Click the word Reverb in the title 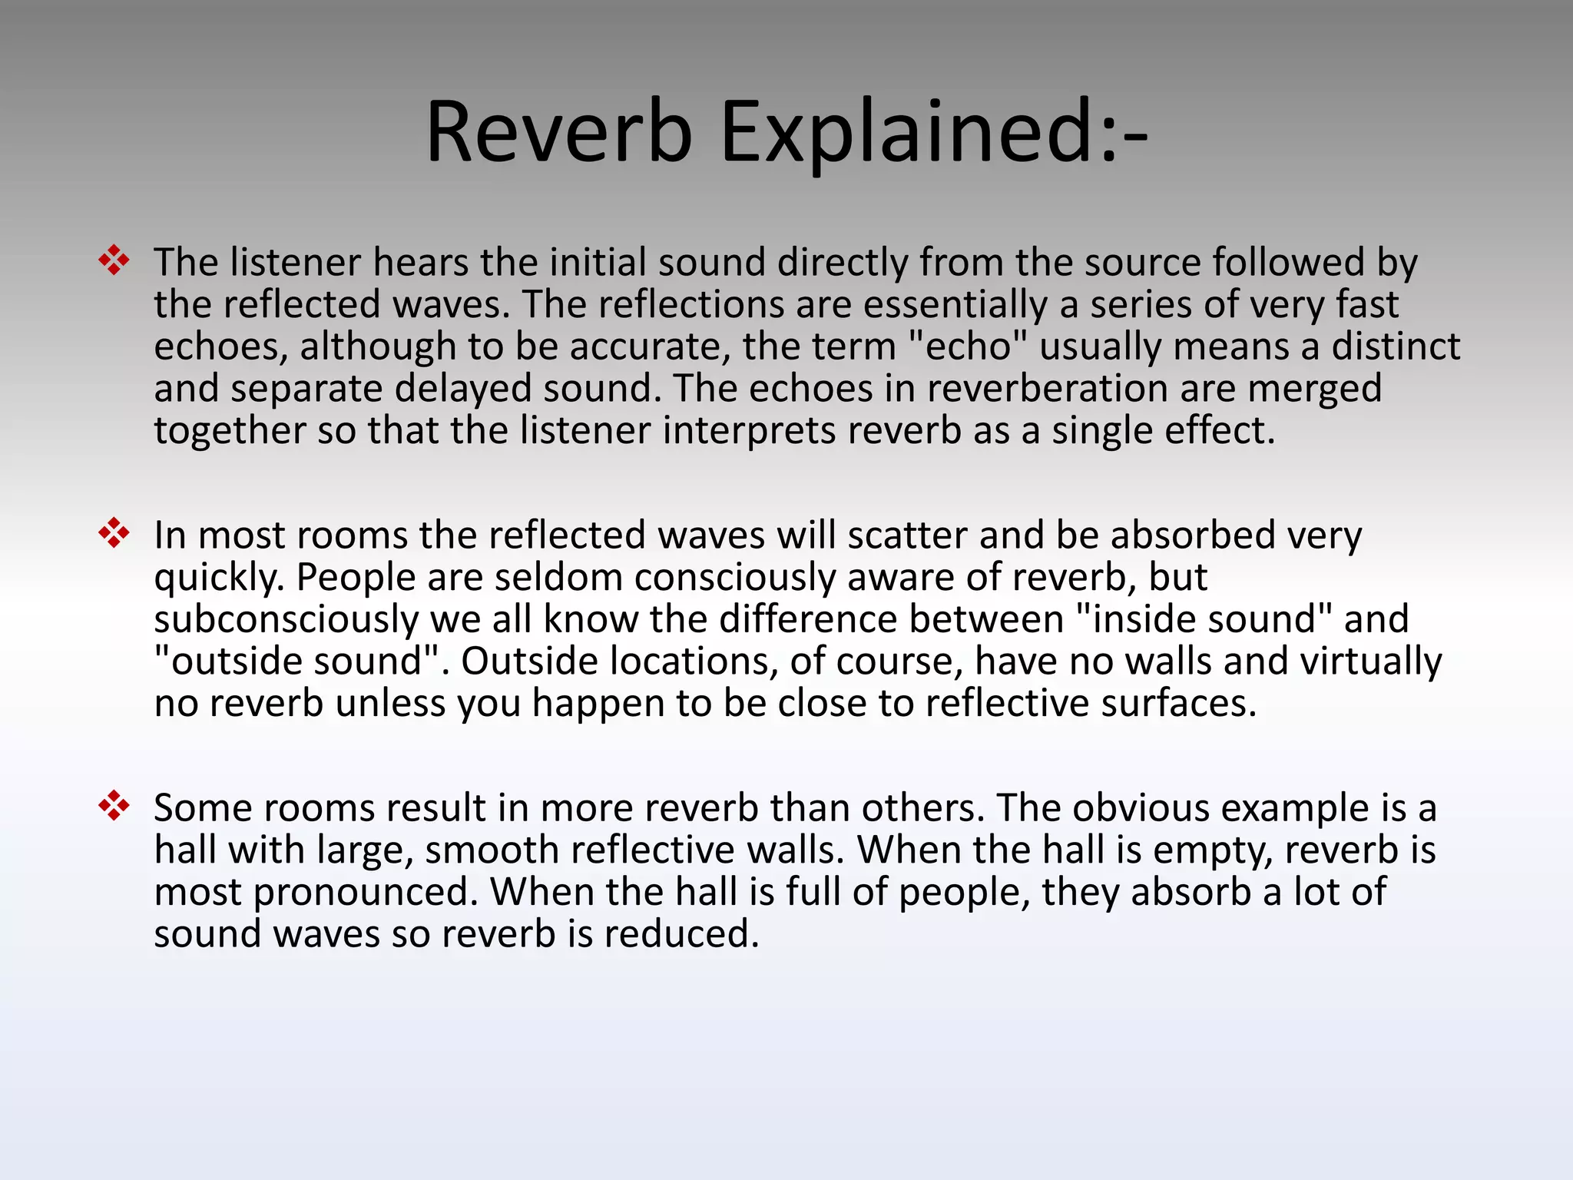[x=559, y=132]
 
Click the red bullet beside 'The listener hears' [x=114, y=260]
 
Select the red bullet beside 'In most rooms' [x=114, y=533]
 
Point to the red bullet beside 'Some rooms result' [x=114, y=806]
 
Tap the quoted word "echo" [x=967, y=347]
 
